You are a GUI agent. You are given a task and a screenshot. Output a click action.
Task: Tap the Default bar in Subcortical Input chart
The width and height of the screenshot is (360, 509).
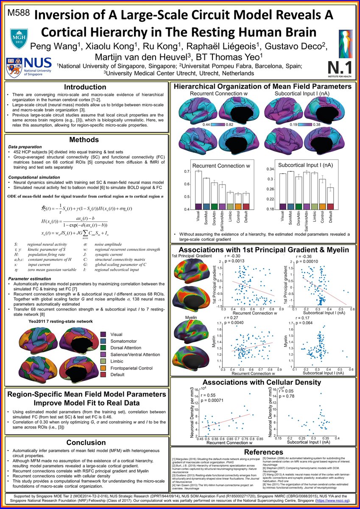330,198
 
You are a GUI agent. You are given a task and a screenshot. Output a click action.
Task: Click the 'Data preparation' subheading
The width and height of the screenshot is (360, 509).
27,146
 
